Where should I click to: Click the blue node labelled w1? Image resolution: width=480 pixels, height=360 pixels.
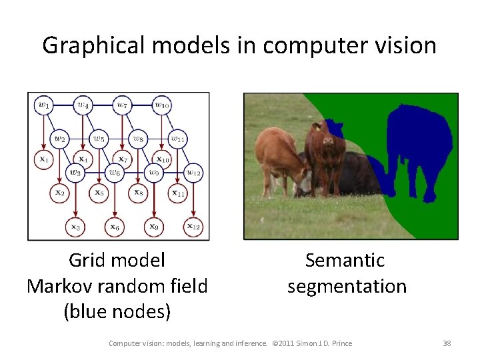pyautogui.click(x=44, y=105)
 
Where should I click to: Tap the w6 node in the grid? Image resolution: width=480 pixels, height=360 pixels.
pyautogui.click(x=115, y=173)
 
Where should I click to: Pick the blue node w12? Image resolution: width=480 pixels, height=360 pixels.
pyautogui.click(x=193, y=173)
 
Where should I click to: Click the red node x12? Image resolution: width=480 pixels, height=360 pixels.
pyautogui.click(x=193, y=227)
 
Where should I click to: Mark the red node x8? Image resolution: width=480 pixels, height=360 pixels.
pyautogui.click(x=138, y=193)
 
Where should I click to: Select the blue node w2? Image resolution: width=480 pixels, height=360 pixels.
pyautogui.click(x=60, y=139)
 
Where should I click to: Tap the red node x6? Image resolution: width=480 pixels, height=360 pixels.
pyautogui.click(x=115, y=227)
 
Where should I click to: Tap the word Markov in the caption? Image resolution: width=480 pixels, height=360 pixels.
pyautogui.click(x=59, y=286)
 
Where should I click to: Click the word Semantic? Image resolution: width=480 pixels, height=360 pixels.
pyautogui.click(x=346, y=260)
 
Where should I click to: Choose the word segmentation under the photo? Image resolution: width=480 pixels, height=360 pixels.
pyautogui.click(x=347, y=286)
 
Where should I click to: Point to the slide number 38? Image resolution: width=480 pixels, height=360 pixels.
pyautogui.click(x=447, y=343)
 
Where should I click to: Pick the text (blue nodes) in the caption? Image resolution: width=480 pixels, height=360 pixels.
pyautogui.click(x=117, y=311)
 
